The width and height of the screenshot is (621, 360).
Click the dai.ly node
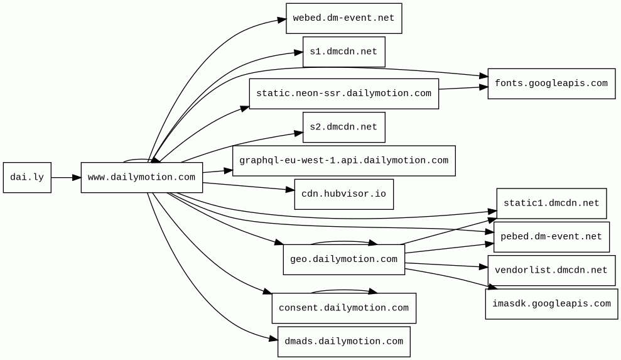(x=27, y=178)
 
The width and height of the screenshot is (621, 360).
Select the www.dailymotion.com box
(x=142, y=178)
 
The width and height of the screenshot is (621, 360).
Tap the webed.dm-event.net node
(x=343, y=18)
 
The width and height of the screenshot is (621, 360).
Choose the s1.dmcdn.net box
(x=343, y=52)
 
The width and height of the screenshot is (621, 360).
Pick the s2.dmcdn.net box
(x=343, y=128)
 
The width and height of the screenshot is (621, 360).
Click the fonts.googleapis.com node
(x=551, y=84)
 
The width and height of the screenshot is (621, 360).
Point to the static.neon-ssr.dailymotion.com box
(x=343, y=94)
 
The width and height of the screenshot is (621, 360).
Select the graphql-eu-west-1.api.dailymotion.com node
(x=343, y=161)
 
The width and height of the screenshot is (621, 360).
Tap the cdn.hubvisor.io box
(x=343, y=194)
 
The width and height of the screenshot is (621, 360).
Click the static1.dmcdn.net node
(x=551, y=204)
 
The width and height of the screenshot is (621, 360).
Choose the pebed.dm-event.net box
(x=551, y=237)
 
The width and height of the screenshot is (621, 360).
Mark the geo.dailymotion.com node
(x=343, y=259)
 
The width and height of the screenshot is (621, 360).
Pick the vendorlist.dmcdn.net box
(x=551, y=270)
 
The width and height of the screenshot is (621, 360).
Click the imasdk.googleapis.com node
(x=551, y=304)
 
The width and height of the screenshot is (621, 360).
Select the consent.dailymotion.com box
(x=343, y=308)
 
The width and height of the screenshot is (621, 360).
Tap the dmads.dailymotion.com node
(x=343, y=342)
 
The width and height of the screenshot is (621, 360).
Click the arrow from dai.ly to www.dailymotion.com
(x=66, y=178)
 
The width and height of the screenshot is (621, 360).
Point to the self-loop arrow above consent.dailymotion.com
(x=343, y=290)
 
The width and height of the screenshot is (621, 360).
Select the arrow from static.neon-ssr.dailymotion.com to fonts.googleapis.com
(x=463, y=88)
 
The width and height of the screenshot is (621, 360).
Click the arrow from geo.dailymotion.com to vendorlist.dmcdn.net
(x=446, y=265)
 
